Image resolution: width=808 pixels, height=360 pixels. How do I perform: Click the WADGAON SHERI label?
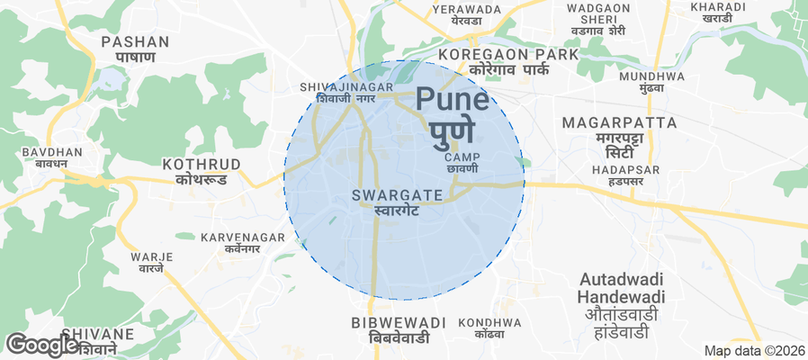598,19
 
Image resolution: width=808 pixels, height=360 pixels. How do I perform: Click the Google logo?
42,344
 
